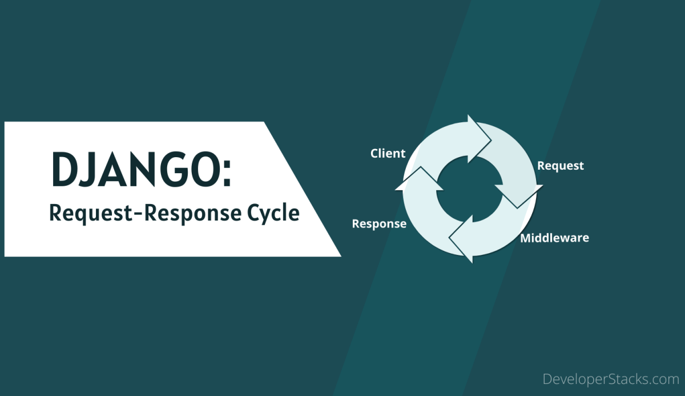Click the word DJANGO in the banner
tap(134, 170)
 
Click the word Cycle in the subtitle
tap(273, 213)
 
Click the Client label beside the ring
tap(388, 153)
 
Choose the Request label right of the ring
tap(560, 166)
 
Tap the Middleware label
tap(554, 238)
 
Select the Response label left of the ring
tap(379, 223)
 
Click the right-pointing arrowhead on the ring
tap(479, 134)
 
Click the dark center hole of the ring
tap(469, 189)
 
